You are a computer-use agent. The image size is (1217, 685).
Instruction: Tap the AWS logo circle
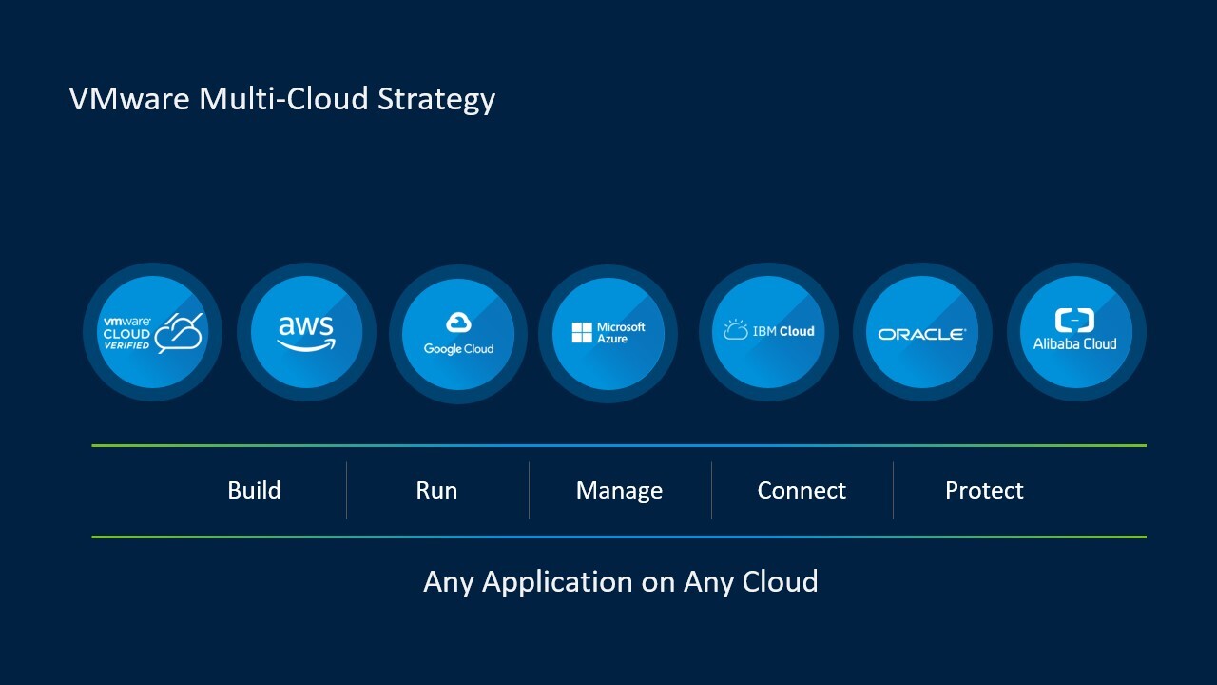pos(306,332)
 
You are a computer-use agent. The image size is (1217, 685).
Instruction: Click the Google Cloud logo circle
pos(458,333)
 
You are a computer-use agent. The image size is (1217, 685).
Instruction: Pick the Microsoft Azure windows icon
pos(582,332)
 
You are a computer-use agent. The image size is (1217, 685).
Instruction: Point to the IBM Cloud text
pos(783,331)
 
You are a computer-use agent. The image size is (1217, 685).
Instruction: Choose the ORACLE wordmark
pos(921,334)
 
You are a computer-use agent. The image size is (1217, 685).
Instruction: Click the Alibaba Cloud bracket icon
pos(1074,320)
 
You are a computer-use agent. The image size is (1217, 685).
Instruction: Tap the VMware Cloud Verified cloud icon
pos(180,332)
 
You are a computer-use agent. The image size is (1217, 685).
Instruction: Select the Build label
pos(254,491)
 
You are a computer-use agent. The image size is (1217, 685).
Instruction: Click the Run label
pos(436,491)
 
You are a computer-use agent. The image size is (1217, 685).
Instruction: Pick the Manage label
pos(619,491)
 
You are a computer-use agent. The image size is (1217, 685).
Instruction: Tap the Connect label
pos(802,491)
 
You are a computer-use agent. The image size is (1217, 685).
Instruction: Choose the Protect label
pos(984,491)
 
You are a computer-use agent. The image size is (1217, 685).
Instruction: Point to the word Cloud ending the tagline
pos(780,581)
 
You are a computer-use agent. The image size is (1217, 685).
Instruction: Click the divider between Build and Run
pos(346,491)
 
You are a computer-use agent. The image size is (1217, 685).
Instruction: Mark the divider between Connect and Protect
pos(893,491)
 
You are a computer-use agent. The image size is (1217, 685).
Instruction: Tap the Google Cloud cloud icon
pos(458,323)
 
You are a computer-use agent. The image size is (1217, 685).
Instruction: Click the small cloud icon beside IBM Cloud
pos(735,330)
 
